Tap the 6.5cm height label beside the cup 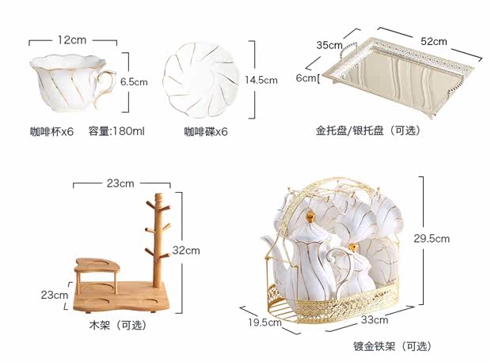[134, 81]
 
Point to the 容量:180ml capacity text [116, 131]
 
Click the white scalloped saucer [200, 77]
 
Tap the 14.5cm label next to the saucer [261, 80]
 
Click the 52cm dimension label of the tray [433, 41]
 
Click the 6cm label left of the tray [306, 78]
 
